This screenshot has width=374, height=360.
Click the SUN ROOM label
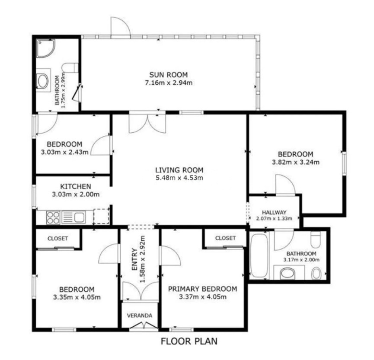(x=169, y=73)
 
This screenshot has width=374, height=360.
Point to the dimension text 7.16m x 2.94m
(x=169, y=82)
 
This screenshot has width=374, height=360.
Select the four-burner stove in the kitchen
(x=53, y=217)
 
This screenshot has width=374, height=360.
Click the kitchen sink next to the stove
(x=74, y=217)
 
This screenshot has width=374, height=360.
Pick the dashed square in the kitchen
(x=101, y=217)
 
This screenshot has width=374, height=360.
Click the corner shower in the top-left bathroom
(x=45, y=48)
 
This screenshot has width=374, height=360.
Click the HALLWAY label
(x=274, y=212)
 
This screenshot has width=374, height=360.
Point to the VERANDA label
(x=139, y=315)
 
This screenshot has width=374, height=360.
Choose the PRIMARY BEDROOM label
(x=202, y=289)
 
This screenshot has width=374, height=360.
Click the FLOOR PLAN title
(x=189, y=341)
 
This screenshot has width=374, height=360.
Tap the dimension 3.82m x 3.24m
(x=295, y=162)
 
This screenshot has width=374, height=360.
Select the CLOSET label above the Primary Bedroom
(x=225, y=238)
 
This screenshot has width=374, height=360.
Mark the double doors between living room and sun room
(x=147, y=122)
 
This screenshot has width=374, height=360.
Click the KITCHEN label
(x=75, y=186)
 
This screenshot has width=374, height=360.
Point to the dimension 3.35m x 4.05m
(x=77, y=297)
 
